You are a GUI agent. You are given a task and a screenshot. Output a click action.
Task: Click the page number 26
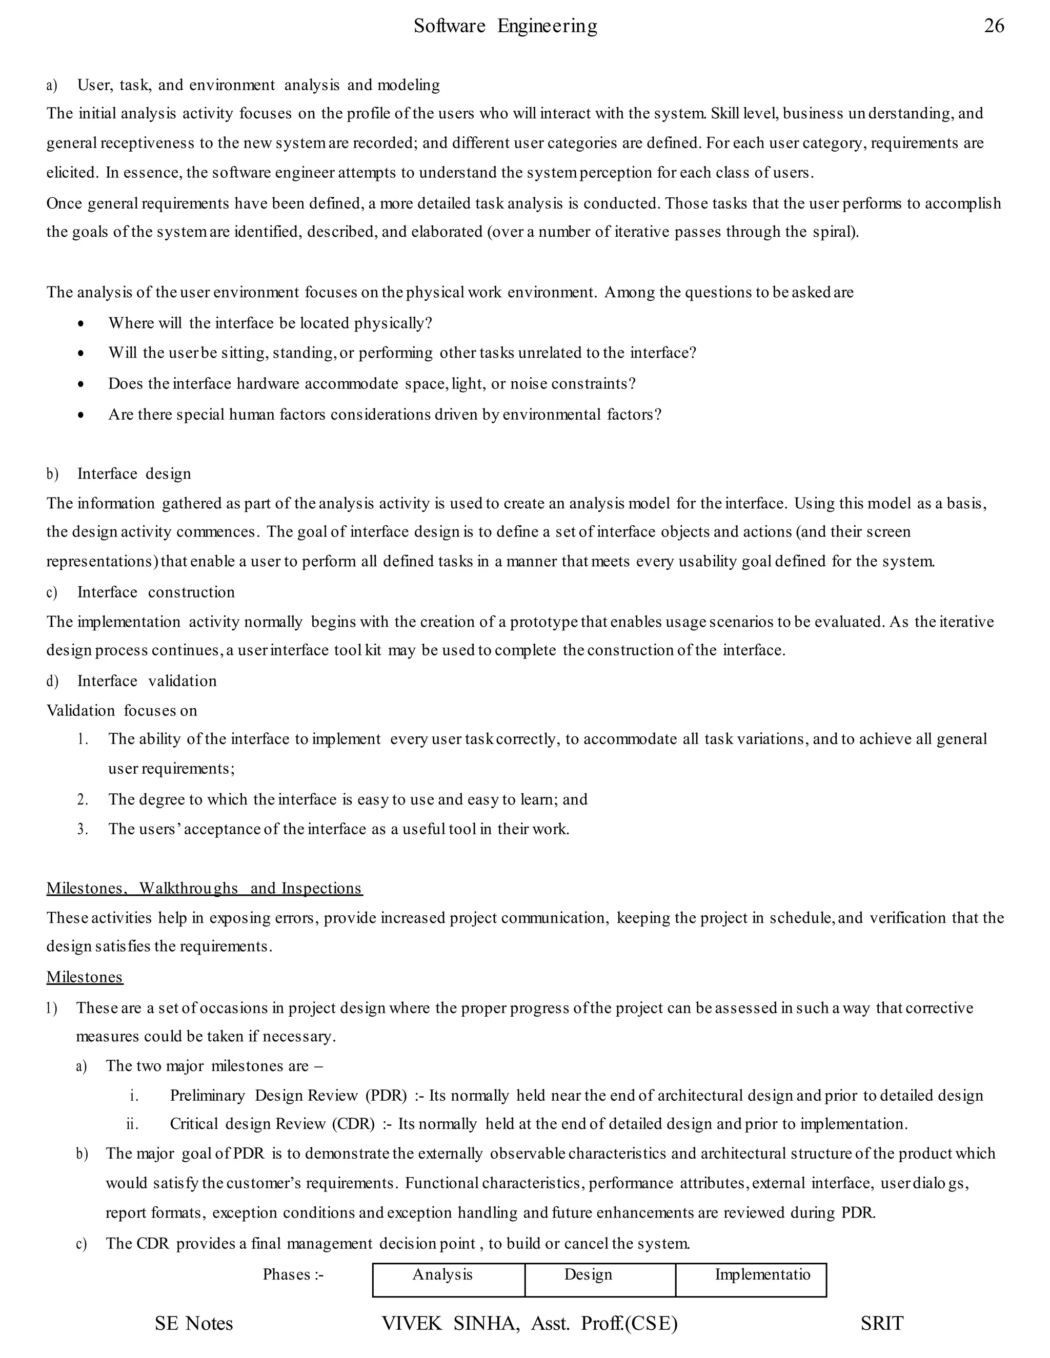coord(994,26)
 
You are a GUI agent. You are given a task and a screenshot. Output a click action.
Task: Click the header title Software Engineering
coord(505,26)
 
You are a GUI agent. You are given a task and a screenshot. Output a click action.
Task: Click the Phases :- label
coord(293,1274)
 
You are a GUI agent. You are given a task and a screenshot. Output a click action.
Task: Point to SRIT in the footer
coord(881,1323)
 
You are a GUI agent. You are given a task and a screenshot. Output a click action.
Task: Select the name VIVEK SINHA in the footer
coord(450,1323)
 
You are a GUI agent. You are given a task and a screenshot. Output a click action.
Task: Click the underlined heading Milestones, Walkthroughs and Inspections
coord(204,888)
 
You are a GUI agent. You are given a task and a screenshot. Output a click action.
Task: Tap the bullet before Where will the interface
coord(82,324)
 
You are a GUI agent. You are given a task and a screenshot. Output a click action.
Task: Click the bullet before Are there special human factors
coord(82,415)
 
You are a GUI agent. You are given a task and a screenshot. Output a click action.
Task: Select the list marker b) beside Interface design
coord(52,474)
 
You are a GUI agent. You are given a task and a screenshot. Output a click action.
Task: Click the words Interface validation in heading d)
coord(147,681)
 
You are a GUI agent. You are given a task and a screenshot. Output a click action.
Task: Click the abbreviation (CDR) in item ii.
coord(353,1124)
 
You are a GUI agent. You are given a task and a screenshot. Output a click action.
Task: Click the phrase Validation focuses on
coord(122,710)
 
